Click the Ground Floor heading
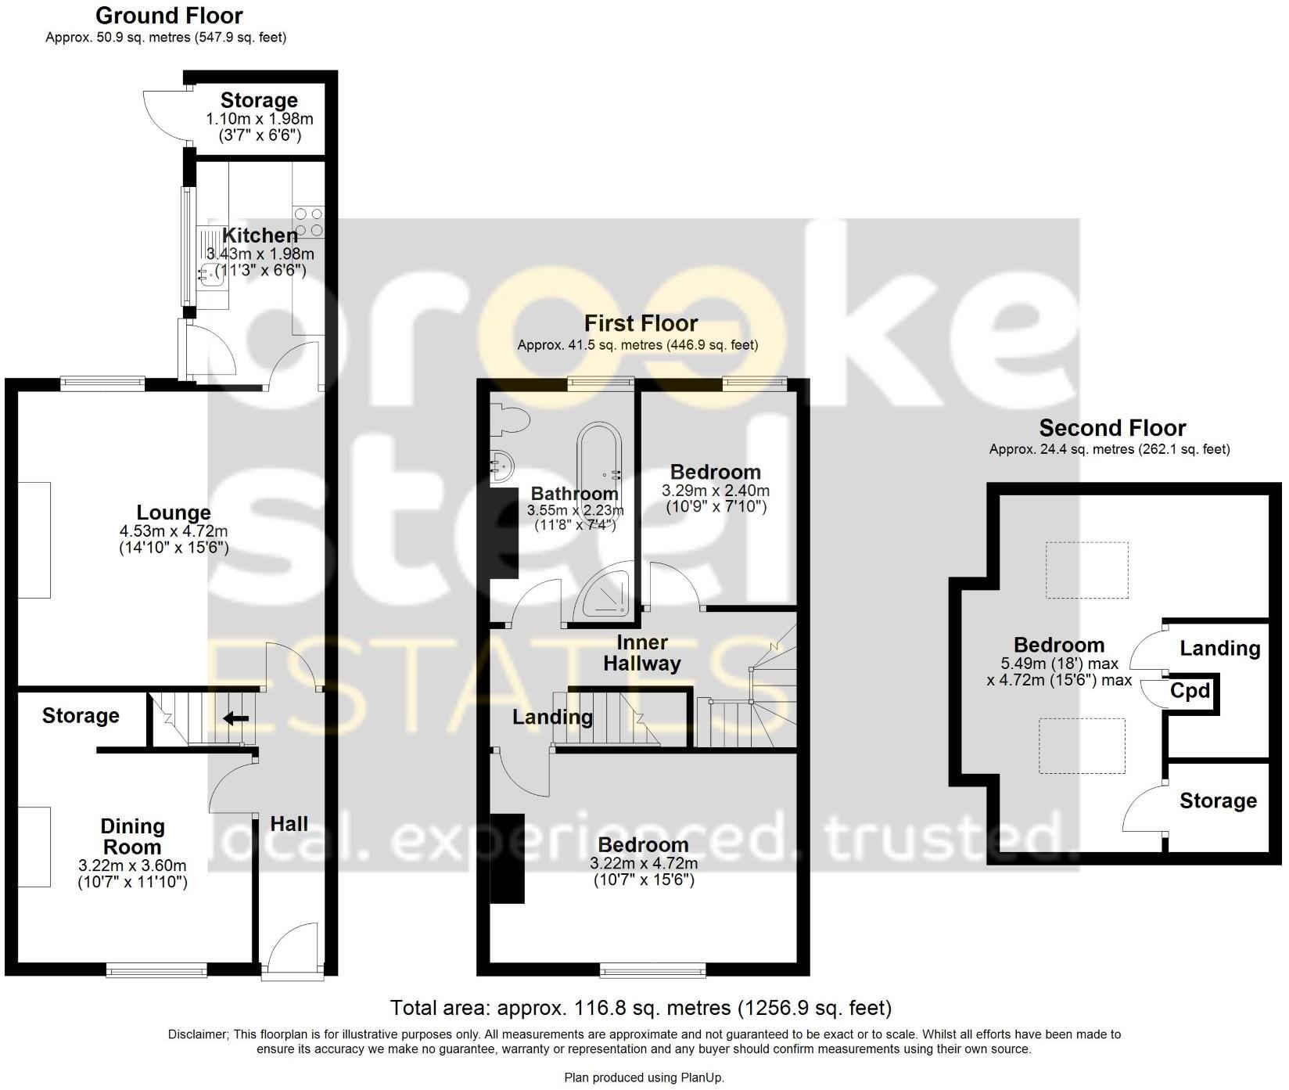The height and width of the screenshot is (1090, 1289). [168, 15]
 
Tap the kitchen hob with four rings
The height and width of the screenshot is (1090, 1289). [308, 221]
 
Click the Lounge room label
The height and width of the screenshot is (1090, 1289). [174, 513]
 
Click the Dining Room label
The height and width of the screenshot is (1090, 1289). [132, 836]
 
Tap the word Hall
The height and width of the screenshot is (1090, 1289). [289, 823]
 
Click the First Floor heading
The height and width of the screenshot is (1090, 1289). [641, 323]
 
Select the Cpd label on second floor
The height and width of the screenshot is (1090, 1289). [1190, 691]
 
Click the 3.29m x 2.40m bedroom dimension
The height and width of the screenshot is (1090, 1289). [715, 491]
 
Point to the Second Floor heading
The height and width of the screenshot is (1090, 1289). [1111, 428]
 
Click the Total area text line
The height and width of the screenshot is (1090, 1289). [641, 1007]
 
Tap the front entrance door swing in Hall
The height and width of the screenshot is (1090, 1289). [295, 949]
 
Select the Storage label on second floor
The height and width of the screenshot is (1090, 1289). [1218, 800]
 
